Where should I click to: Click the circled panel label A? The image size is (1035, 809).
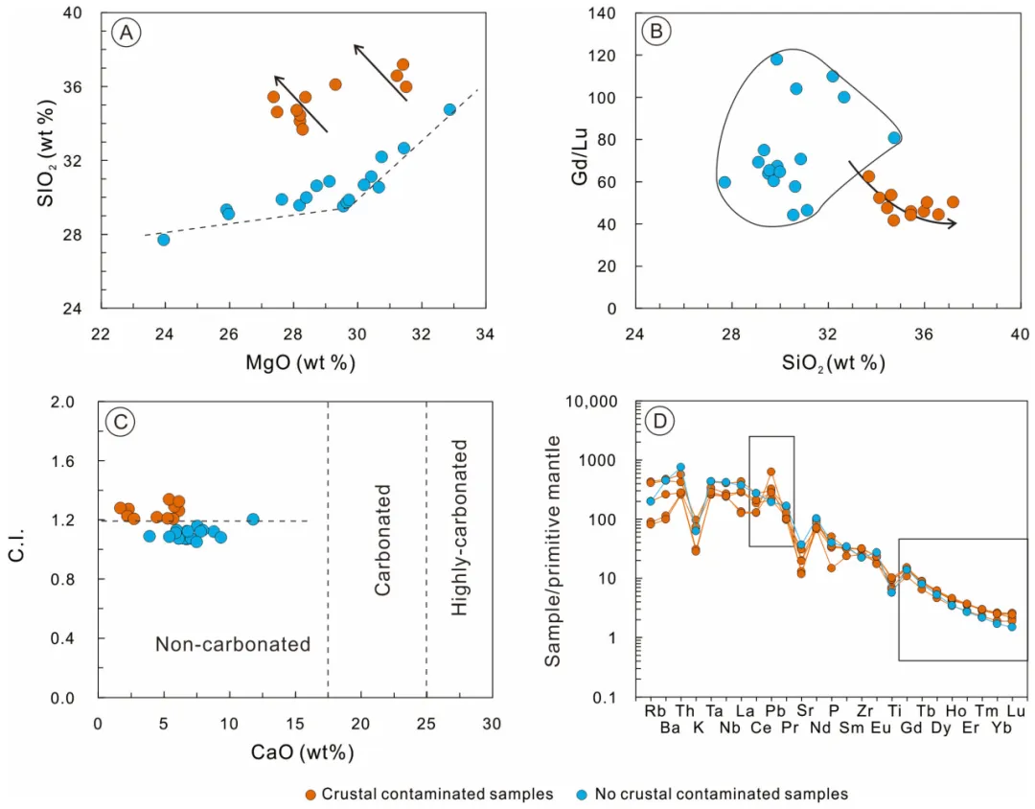[x=126, y=34]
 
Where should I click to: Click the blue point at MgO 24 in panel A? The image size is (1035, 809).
[x=164, y=240]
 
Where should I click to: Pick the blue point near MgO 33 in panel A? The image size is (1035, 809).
[x=449, y=109]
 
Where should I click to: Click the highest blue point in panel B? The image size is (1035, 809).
[x=776, y=59]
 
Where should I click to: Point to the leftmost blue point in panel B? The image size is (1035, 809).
[x=724, y=182]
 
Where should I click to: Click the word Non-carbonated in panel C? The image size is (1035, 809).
[x=233, y=645]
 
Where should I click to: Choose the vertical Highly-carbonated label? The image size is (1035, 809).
[x=460, y=527]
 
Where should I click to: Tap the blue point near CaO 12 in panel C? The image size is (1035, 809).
[x=253, y=520]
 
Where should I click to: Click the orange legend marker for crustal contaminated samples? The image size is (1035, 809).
[x=310, y=794]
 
